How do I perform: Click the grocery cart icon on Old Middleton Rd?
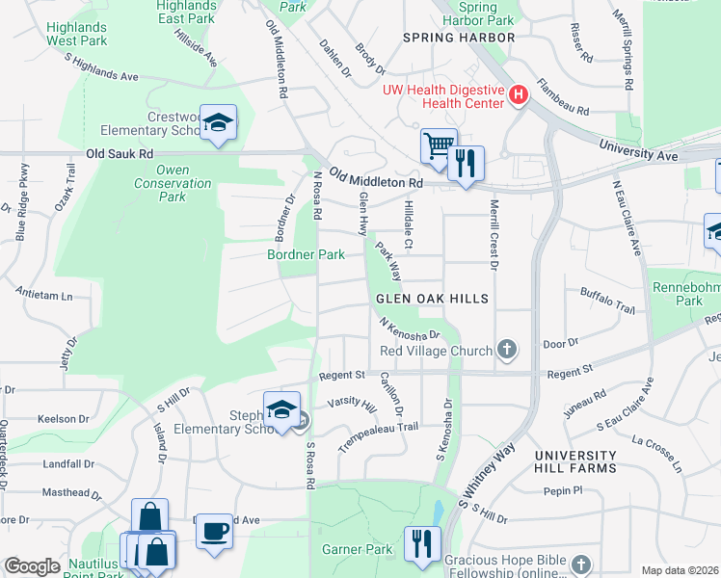coord(439,145)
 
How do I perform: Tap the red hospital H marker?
coord(520,94)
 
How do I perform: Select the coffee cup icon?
coord(214,529)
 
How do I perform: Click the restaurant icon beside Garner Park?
coord(423,543)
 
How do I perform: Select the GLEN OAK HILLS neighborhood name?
coord(433,300)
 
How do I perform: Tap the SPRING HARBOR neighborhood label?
coord(459,38)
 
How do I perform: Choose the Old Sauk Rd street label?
coord(120,153)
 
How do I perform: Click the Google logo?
coord(32,566)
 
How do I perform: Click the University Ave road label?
coord(638,149)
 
